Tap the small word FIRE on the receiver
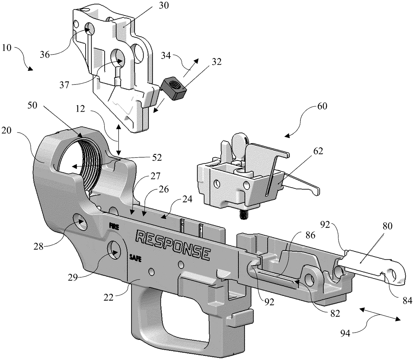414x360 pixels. pos(114,226)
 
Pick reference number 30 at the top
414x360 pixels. pos(163,6)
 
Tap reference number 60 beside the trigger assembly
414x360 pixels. pos(322,106)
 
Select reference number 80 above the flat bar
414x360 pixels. pos(387,226)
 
